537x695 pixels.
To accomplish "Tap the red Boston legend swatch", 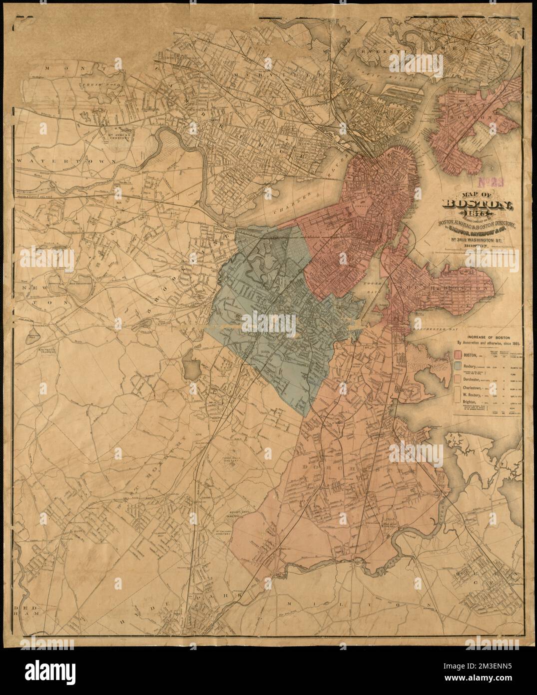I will tap(458, 355).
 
